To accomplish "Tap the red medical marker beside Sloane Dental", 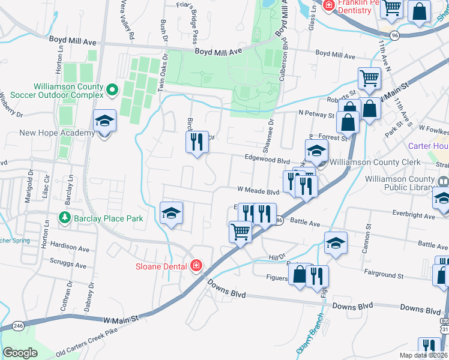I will point(196,265).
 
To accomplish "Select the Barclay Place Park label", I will point(109,218).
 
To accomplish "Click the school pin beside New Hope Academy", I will point(104,122).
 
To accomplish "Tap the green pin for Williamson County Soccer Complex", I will point(112,91).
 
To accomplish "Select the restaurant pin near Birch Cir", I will point(196,142).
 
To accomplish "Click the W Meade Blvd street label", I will point(259,192).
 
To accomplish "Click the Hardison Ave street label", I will point(70,247).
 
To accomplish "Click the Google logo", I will point(20,352).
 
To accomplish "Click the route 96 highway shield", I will point(394,36).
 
